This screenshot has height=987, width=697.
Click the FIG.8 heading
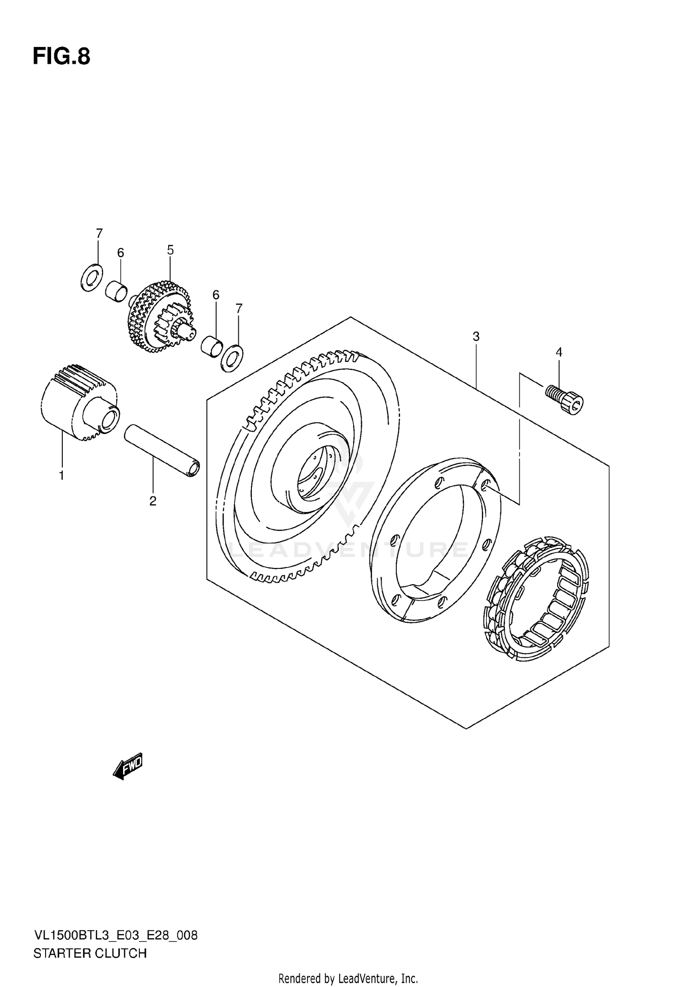[61, 57]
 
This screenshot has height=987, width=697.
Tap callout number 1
[61, 475]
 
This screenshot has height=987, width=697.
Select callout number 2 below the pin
[152, 501]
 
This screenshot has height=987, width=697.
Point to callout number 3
[476, 336]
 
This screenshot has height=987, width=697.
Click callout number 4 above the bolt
[559, 352]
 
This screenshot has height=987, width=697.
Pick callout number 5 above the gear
[170, 250]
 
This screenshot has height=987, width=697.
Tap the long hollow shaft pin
[162, 450]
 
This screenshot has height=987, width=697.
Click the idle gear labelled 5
[158, 316]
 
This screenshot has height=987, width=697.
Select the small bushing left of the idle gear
[116, 291]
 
